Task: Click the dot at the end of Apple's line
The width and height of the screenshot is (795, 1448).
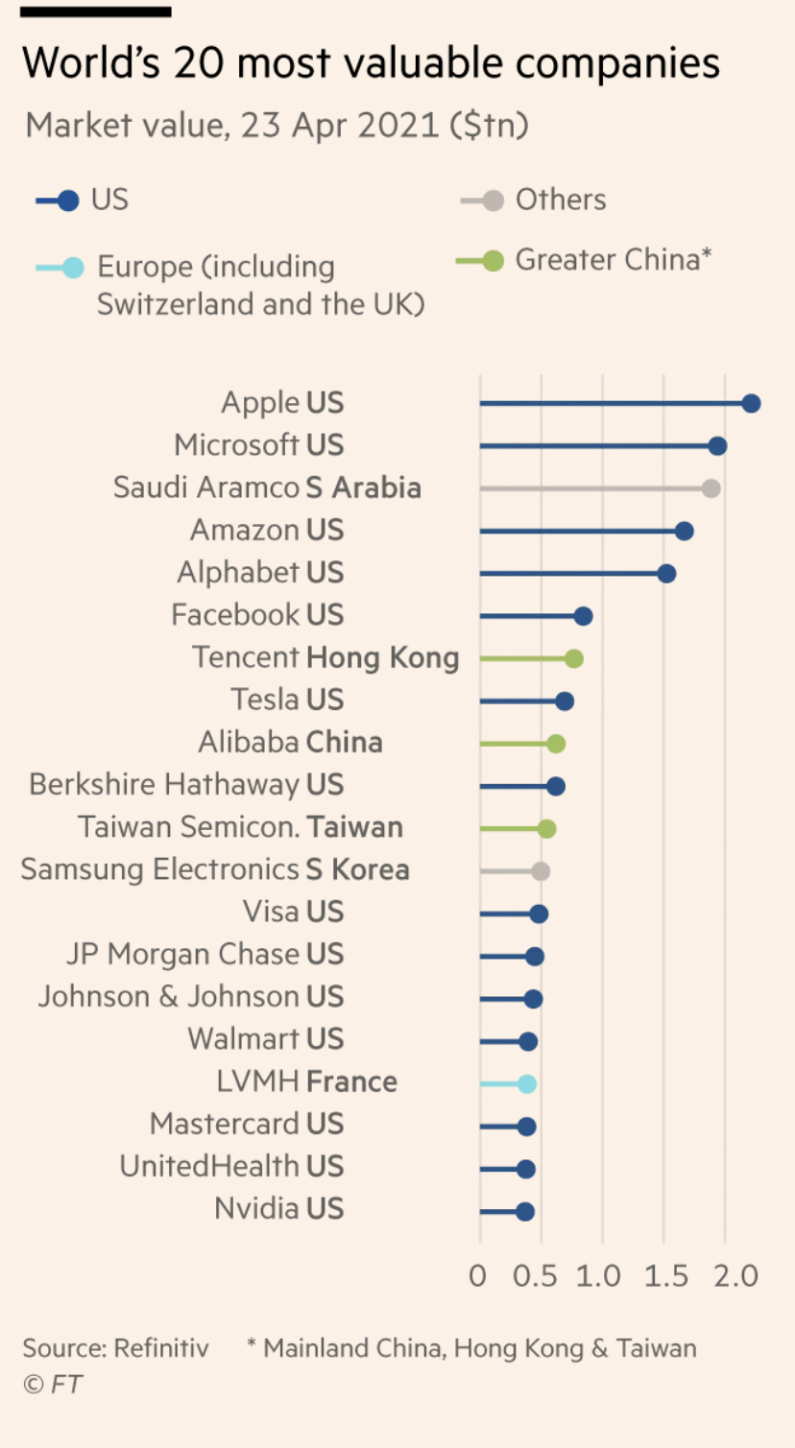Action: coord(751,404)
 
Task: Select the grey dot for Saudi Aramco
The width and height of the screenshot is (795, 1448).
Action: coord(711,488)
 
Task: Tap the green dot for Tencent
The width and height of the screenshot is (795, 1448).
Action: coord(574,658)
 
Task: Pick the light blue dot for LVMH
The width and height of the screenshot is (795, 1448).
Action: coord(527,1084)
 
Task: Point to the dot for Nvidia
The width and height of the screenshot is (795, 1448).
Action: coord(524,1212)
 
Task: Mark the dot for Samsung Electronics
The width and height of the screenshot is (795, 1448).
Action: coord(541,871)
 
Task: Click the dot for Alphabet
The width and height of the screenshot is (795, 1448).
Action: coord(666,574)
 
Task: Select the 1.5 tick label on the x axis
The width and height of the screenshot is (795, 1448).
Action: coord(666,1275)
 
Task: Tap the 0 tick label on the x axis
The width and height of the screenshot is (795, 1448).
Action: coord(478,1275)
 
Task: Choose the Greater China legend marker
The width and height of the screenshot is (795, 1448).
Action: coord(493,260)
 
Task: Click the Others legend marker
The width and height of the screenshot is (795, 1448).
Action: coord(493,201)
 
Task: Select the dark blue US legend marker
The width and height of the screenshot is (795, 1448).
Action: coord(68,201)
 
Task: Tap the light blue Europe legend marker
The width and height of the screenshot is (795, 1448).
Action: coord(73,267)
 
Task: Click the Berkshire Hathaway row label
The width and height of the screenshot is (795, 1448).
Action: coord(164,785)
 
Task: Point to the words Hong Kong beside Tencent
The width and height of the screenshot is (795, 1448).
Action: coord(382,658)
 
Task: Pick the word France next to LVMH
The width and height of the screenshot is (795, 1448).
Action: coord(351,1082)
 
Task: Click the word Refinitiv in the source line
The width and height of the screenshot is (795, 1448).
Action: coord(161,1348)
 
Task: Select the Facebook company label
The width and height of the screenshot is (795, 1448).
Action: coord(235,615)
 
